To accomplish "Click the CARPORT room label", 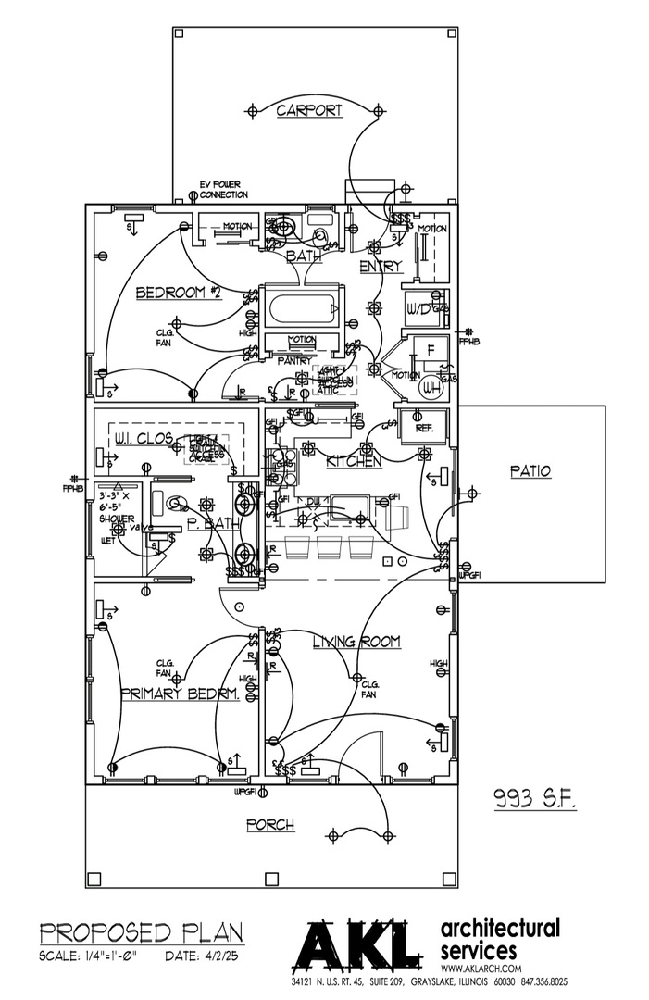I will point(309,111).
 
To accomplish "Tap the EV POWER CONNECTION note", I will point(225,190).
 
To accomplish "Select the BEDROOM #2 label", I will point(180,294).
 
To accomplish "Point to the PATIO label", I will point(530,471).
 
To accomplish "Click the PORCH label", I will point(270,825).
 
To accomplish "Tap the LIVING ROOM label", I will point(356,642).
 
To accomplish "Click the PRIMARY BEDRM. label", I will point(180,694).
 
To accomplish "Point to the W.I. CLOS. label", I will point(144,438).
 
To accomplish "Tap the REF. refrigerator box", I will point(425,429).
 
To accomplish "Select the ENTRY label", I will point(382,267).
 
